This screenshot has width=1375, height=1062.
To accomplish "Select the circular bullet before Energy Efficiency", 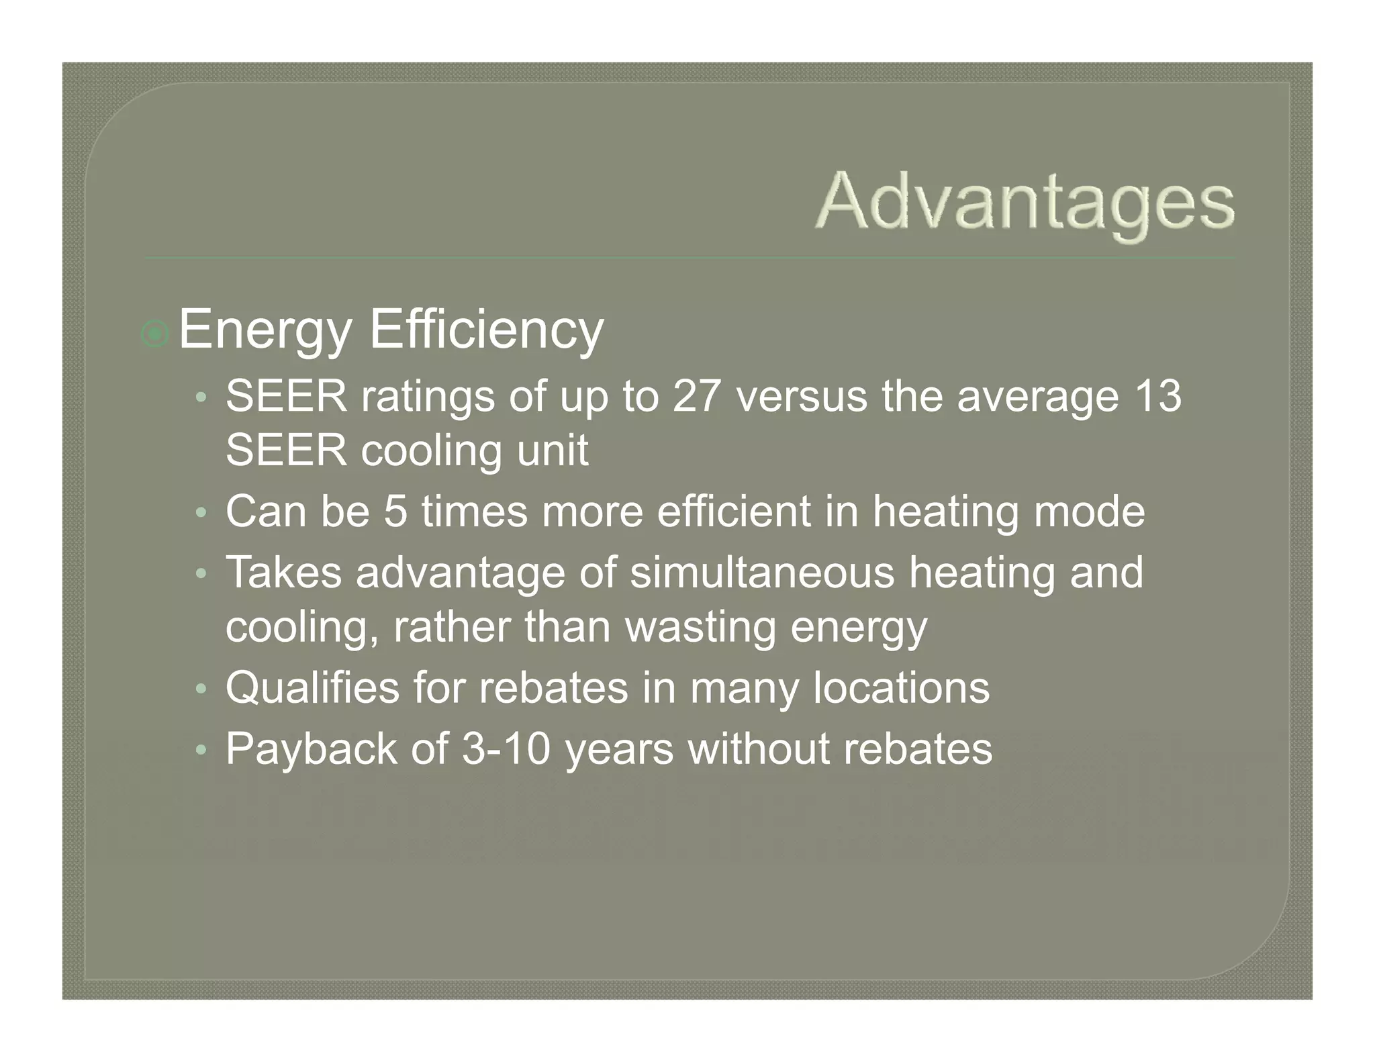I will [x=155, y=334].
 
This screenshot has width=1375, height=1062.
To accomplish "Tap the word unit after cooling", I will [x=552, y=450].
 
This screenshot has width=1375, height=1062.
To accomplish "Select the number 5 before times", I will [x=395, y=512].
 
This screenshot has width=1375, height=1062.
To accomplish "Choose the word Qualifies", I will [x=312, y=687].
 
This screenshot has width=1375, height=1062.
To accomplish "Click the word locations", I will [x=901, y=687].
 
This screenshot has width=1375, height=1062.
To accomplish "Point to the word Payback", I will [x=311, y=749].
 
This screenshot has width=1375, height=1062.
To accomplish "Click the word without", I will [x=759, y=749].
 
